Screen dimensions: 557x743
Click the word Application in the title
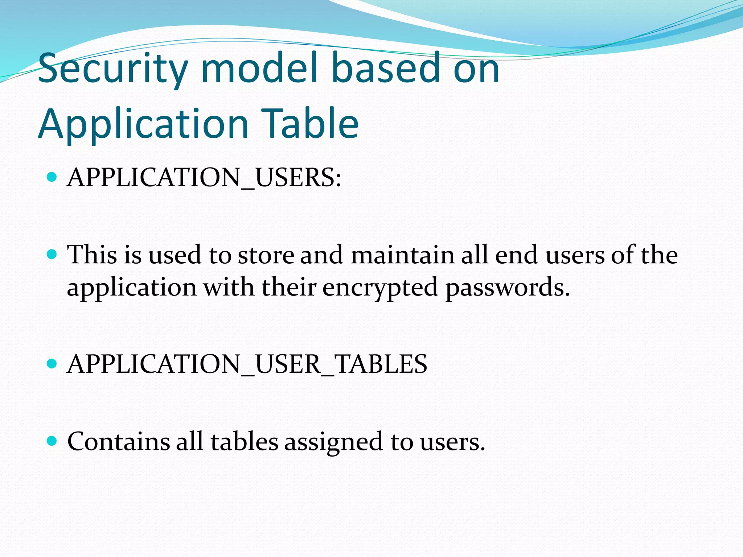pyautogui.click(x=143, y=124)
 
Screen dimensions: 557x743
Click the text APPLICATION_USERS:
pyautogui.click(x=204, y=178)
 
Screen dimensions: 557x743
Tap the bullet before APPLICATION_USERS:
pyautogui.click(x=52, y=177)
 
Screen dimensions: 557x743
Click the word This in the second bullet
pyautogui.click(x=92, y=255)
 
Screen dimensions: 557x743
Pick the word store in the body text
pyautogui.click(x=266, y=255)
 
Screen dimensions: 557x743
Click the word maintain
pyautogui.click(x=402, y=255)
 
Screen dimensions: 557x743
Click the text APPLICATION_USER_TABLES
pyautogui.click(x=247, y=364)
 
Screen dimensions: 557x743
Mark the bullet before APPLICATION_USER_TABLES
pyautogui.click(x=52, y=364)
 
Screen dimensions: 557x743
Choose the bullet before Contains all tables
pyautogui.click(x=52, y=441)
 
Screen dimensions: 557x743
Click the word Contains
pyautogui.click(x=119, y=442)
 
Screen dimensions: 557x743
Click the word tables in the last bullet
pyautogui.click(x=244, y=442)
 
